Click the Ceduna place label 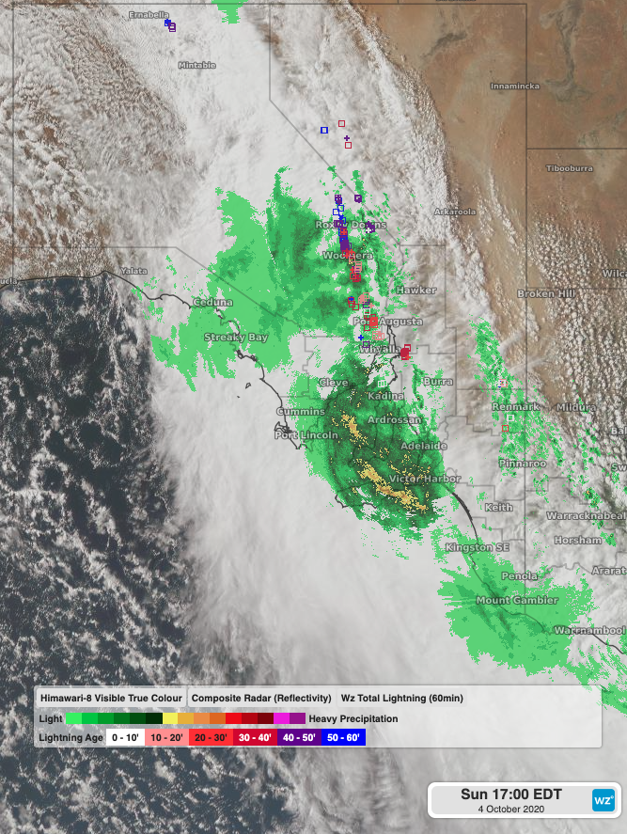pos(206,302)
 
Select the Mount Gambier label pos(516,600)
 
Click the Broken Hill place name pos(544,293)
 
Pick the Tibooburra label pos(571,168)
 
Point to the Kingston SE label pos(478,547)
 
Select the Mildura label pos(574,407)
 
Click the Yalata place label pos(133,271)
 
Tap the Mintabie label pos(196,65)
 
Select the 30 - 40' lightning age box pos(257,738)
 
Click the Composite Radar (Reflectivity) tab pos(260,699)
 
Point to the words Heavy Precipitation pos(353,718)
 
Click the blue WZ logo pos(603,799)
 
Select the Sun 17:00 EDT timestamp pos(510,795)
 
